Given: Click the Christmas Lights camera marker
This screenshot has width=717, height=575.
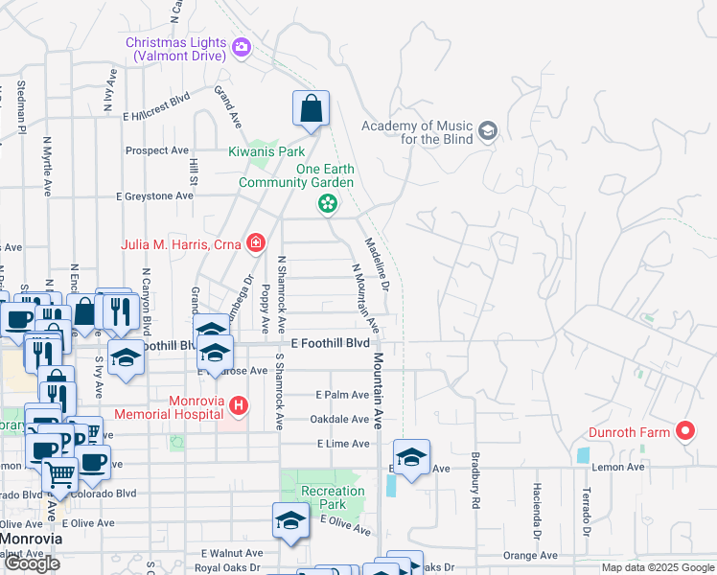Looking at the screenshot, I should coord(241,46).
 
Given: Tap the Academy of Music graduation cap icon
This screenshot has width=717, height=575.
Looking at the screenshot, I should coord(488,130).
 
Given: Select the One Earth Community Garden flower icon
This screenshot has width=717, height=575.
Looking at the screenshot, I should coord(328,202).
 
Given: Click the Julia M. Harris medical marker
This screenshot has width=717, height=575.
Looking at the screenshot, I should coord(254,243).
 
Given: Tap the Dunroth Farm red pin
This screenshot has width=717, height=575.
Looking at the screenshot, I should coord(684,432).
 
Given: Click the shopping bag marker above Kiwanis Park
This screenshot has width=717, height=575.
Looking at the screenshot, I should coord(312,110).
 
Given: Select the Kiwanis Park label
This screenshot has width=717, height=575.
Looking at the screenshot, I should coord(266,151).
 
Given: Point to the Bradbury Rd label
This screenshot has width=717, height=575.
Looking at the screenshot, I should coord(474,481).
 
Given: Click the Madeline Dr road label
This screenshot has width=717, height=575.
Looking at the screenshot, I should coord(376,264).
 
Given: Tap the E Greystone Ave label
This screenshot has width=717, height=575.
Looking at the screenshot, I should coord(154,195).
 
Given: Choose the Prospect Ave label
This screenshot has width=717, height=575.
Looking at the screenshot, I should coord(157,150).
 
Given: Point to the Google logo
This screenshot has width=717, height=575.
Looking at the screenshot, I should coord(32,563).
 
